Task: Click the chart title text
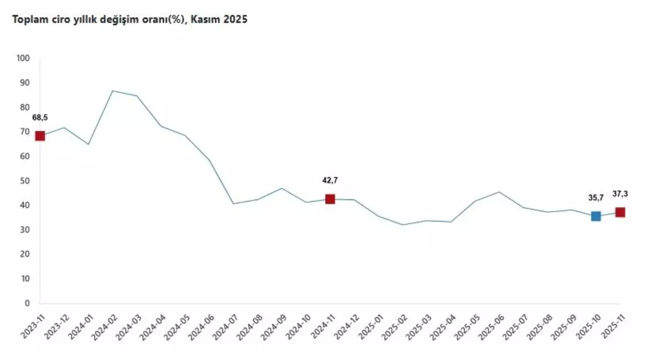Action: click(126, 20)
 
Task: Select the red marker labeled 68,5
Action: click(39, 136)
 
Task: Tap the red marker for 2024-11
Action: click(330, 199)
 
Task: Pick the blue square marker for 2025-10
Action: click(596, 216)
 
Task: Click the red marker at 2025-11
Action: click(620, 212)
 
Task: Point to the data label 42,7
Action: click(330, 180)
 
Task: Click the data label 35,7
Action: click(596, 198)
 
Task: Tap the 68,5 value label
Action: click(40, 117)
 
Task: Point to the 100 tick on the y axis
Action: click(24, 59)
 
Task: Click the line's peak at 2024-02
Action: click(112, 91)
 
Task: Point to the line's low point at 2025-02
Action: click(403, 225)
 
